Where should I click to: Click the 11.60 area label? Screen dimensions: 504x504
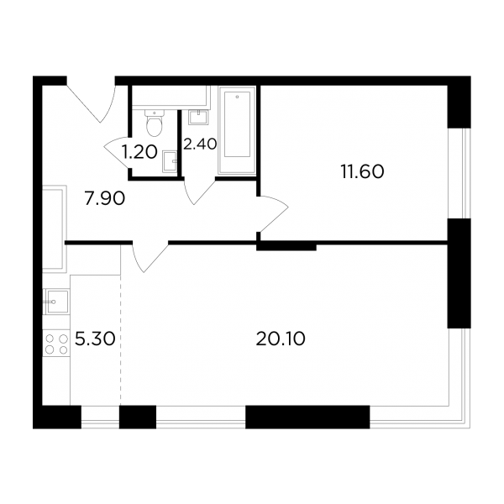coord(362,172)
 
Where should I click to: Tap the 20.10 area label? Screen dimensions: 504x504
coord(281,339)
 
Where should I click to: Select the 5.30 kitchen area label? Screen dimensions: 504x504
coord(95,339)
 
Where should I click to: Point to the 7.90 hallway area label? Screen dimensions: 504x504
coord(104,199)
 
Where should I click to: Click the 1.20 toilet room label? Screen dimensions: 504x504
coord(139,152)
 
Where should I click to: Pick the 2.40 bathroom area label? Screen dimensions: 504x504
coord(200,144)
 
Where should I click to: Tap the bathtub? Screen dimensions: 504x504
coord(237,130)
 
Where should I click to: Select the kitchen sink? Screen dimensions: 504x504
coord(56,302)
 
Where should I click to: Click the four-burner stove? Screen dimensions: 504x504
coord(56,344)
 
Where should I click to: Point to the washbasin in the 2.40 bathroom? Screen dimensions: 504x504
coord(198,117)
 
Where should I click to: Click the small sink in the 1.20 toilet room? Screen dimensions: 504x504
coord(170,161)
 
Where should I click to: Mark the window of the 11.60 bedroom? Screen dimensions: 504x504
coord(459,174)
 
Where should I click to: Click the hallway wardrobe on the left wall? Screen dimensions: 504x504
coord(55,229)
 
